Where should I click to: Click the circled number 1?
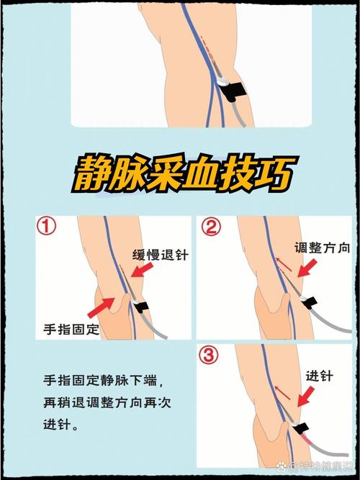(47, 228)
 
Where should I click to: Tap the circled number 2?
(210, 228)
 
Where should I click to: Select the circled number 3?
(210, 355)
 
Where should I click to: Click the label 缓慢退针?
(159, 255)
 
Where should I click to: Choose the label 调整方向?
(322, 248)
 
